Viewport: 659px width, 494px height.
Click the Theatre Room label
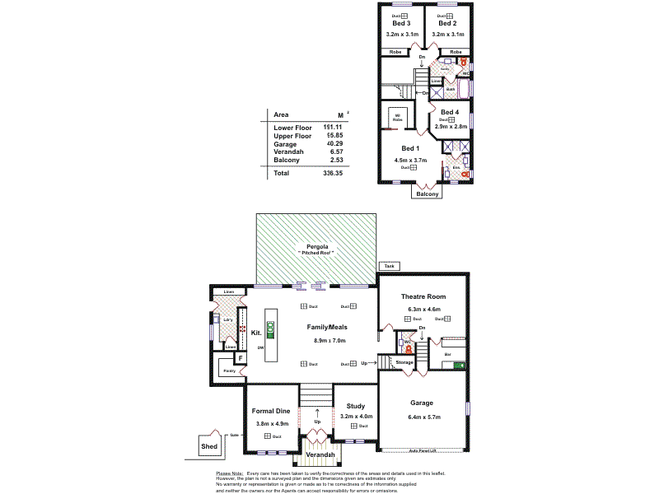coord(423,296)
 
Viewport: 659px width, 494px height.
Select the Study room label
coord(356,406)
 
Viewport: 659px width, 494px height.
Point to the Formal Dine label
coord(272,411)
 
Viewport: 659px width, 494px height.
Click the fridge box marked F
coord(241,359)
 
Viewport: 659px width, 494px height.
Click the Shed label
coord(209,447)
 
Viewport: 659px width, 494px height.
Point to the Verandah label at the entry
coord(319,455)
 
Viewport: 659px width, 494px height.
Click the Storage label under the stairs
coord(404,362)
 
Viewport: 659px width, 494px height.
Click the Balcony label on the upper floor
coord(427,193)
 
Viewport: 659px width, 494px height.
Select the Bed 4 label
coord(450,112)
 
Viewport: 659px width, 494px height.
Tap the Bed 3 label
coord(402,24)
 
